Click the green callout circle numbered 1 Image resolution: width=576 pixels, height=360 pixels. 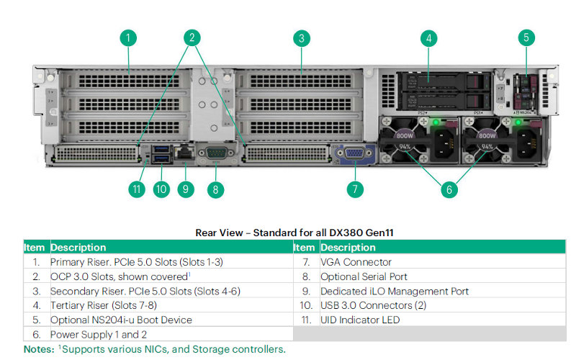[128, 38]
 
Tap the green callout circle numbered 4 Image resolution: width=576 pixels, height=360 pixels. [429, 38]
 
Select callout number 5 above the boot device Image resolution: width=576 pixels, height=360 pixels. [526, 38]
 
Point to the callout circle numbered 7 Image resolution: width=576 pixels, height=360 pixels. [354, 189]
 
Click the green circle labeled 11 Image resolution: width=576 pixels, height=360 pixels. [137, 189]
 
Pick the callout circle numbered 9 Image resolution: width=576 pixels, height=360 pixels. [186, 189]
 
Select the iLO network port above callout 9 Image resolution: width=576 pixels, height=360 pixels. [184, 153]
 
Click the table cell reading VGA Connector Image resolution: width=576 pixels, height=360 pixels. [356, 262]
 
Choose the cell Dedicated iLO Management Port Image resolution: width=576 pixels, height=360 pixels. [395, 291]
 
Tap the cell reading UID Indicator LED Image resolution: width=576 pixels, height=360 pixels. [359, 320]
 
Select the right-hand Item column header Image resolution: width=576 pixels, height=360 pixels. [304, 248]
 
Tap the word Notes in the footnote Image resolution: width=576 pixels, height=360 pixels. [37, 349]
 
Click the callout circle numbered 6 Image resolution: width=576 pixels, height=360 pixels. [449, 189]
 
